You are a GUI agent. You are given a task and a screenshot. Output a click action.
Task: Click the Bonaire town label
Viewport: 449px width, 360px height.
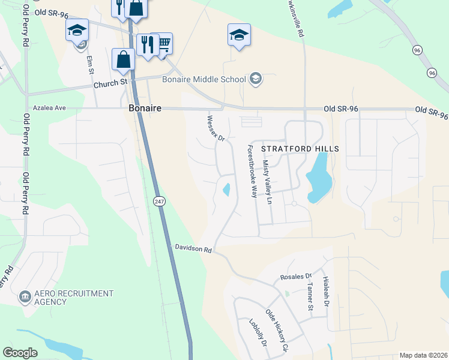coord(145,108)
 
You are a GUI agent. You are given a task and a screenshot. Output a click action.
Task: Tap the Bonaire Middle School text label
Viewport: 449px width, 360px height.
coord(204,79)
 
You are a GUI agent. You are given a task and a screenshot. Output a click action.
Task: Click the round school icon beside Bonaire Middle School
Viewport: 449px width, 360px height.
coord(256,79)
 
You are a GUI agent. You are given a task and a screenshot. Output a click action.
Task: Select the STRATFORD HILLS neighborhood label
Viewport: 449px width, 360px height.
coord(301,149)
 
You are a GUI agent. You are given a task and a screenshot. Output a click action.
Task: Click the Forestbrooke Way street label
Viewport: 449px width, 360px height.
coord(249,171)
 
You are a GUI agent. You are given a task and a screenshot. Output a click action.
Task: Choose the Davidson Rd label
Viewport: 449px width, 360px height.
coord(193,247)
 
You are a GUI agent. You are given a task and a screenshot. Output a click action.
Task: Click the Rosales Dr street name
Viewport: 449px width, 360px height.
coord(297,277)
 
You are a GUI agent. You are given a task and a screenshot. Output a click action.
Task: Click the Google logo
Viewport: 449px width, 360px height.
coord(20,352)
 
